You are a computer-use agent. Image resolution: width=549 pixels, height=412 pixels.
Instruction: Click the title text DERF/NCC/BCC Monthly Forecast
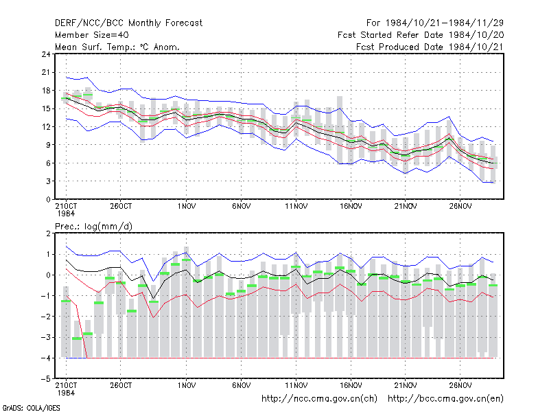tap(128, 23)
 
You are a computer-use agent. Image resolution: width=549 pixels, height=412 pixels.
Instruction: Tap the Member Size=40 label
tap(92, 35)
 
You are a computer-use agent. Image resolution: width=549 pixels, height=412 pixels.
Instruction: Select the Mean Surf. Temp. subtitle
tap(117, 47)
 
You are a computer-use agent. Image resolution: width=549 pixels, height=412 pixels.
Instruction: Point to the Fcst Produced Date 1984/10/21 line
tap(430, 47)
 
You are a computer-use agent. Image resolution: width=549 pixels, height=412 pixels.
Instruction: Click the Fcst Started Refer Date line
tap(421, 35)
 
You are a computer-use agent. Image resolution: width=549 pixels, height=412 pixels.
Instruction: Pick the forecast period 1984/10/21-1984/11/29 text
tap(435, 23)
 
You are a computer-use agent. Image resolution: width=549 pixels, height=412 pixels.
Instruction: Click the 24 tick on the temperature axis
tap(46, 54)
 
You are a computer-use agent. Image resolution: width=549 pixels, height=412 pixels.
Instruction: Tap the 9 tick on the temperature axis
tap(48, 145)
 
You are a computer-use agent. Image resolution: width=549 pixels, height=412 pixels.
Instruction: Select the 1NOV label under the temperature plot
tap(186, 207)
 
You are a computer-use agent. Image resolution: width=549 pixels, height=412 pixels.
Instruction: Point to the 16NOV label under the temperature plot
tap(351, 207)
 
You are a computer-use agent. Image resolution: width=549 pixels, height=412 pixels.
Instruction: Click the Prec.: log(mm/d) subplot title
tap(93, 227)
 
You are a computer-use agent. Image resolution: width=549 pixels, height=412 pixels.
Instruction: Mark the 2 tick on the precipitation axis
tap(48, 233)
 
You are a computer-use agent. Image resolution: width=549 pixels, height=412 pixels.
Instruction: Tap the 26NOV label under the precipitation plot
tap(460, 385)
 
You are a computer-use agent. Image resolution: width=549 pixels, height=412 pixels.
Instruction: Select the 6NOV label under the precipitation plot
tap(242, 385)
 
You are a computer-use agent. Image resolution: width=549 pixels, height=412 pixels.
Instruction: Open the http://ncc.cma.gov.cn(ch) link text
tap(319, 399)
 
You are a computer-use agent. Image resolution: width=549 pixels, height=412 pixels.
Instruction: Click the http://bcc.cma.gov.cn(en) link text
tap(445, 399)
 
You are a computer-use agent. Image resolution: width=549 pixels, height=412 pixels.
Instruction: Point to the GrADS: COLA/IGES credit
tap(31, 408)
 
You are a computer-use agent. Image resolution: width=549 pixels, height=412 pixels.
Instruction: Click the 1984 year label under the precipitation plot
tap(66, 393)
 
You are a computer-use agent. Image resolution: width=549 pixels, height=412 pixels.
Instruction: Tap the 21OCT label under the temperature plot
tap(66, 207)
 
